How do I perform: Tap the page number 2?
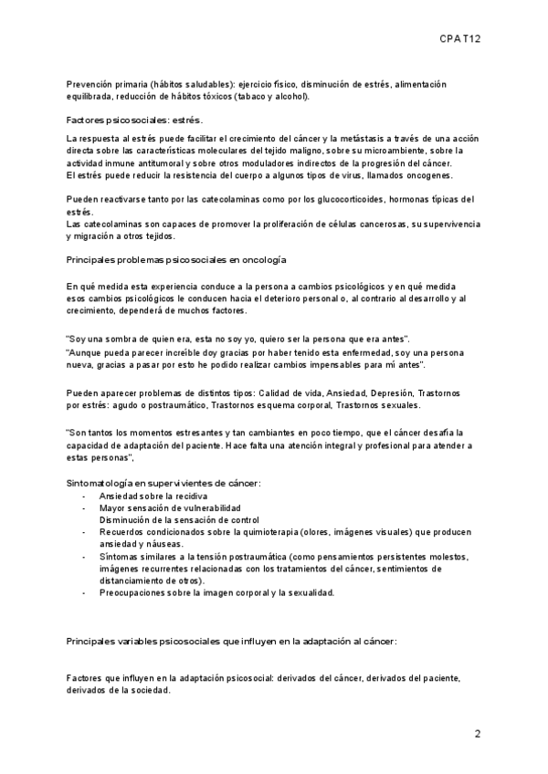coord(478,733)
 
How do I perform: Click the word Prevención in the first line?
coord(91,84)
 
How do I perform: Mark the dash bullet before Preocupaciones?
coord(84,592)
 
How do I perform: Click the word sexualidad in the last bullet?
coord(306,592)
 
